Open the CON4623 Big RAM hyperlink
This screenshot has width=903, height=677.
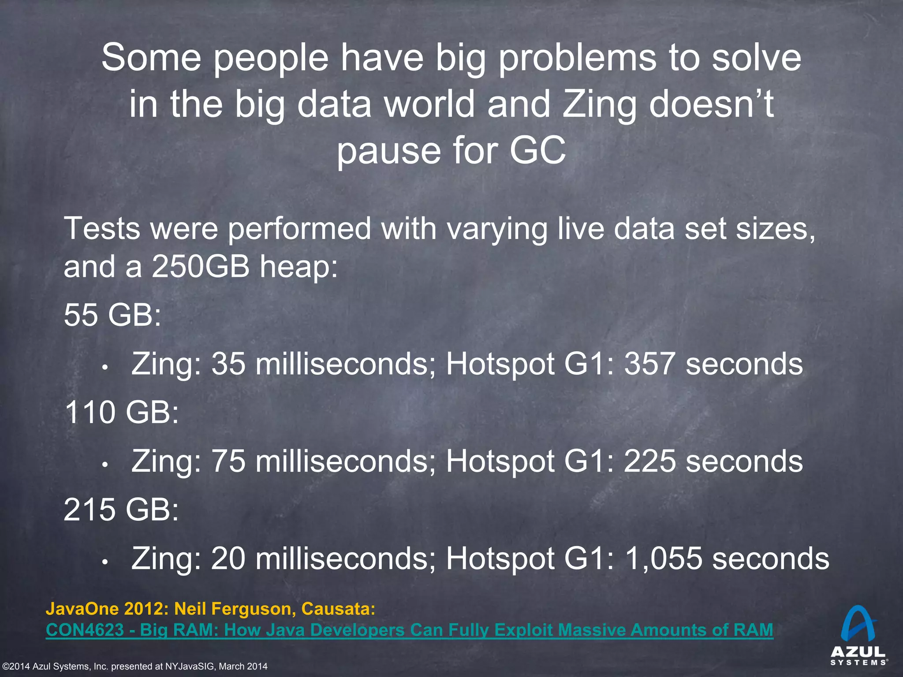coord(409,630)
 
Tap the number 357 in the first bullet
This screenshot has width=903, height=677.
coord(649,364)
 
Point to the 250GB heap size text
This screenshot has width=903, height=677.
coord(201,267)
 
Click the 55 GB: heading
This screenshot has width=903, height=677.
coord(112,315)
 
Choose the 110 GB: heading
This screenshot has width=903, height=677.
coord(121,413)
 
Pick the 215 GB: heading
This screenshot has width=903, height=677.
coord(121,510)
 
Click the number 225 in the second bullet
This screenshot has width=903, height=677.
coord(649,461)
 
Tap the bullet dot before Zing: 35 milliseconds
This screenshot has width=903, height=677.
coord(104,367)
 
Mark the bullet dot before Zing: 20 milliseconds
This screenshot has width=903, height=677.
coord(104,562)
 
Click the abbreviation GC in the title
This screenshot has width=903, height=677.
coord(537,150)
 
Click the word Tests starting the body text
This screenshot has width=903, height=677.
coord(102,228)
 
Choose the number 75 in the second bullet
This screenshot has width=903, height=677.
coord(228,461)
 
